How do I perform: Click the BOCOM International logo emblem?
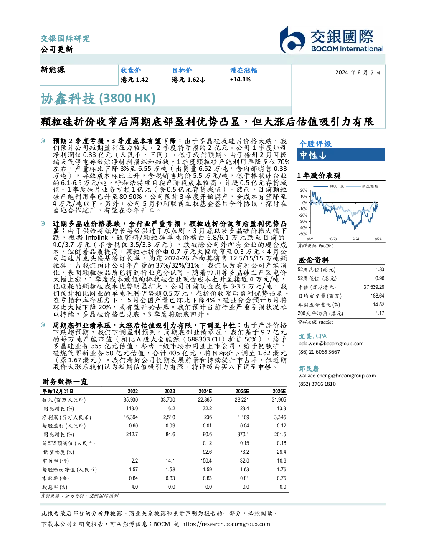[292, 40]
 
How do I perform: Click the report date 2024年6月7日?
[358, 73]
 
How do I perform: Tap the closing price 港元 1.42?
[134, 80]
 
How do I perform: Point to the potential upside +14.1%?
[240, 79]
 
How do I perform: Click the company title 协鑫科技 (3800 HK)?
[98, 99]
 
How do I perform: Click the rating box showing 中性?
[341, 155]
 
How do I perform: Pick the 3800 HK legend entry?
[329, 186]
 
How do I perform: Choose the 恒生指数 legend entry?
[363, 186]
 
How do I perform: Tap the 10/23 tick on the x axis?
[332, 239]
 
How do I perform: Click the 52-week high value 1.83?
[380, 270]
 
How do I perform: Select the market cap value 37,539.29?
[374, 287]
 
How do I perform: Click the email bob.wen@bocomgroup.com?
[331, 344]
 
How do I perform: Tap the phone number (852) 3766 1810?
[317, 384]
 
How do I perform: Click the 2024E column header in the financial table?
[205, 391]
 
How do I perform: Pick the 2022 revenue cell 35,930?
[131, 400]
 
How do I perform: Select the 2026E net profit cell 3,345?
[280, 417]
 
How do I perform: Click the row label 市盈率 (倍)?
[56, 461]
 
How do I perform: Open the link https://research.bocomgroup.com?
[226, 524]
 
